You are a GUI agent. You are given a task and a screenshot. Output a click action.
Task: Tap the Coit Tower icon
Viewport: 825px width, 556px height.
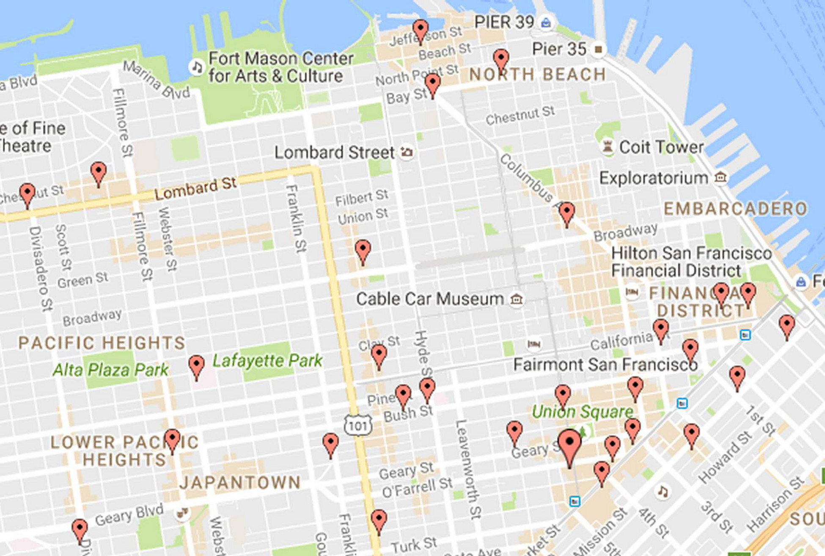point(607,147)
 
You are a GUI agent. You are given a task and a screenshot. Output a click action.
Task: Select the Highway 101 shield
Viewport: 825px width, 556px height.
point(358,425)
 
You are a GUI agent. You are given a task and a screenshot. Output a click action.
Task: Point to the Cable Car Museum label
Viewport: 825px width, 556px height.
point(430,299)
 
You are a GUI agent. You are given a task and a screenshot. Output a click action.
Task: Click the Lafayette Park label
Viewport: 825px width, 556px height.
point(267,361)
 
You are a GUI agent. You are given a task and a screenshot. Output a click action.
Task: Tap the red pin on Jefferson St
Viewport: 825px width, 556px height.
point(420,30)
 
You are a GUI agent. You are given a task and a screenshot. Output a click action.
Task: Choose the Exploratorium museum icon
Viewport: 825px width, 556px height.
point(720,177)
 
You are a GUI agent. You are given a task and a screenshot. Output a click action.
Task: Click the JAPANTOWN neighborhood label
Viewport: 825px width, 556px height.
point(240,483)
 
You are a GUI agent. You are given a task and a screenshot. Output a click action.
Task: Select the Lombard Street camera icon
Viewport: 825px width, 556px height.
point(407,152)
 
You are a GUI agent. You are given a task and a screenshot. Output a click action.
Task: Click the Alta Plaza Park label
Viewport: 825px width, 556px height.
point(110,370)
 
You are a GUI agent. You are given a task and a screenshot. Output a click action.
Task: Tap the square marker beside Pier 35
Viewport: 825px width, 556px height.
point(598,49)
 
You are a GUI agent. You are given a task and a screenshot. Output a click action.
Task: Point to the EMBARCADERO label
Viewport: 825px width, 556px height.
point(735,209)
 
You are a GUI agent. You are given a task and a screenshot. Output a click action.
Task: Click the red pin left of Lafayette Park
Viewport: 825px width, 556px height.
point(196,366)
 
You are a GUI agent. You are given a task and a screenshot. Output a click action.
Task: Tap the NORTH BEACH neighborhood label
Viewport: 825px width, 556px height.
point(537,75)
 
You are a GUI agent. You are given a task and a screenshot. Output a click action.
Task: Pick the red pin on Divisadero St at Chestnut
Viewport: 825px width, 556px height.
point(27,194)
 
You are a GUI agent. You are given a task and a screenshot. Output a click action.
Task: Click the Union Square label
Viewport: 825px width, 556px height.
point(582,412)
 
